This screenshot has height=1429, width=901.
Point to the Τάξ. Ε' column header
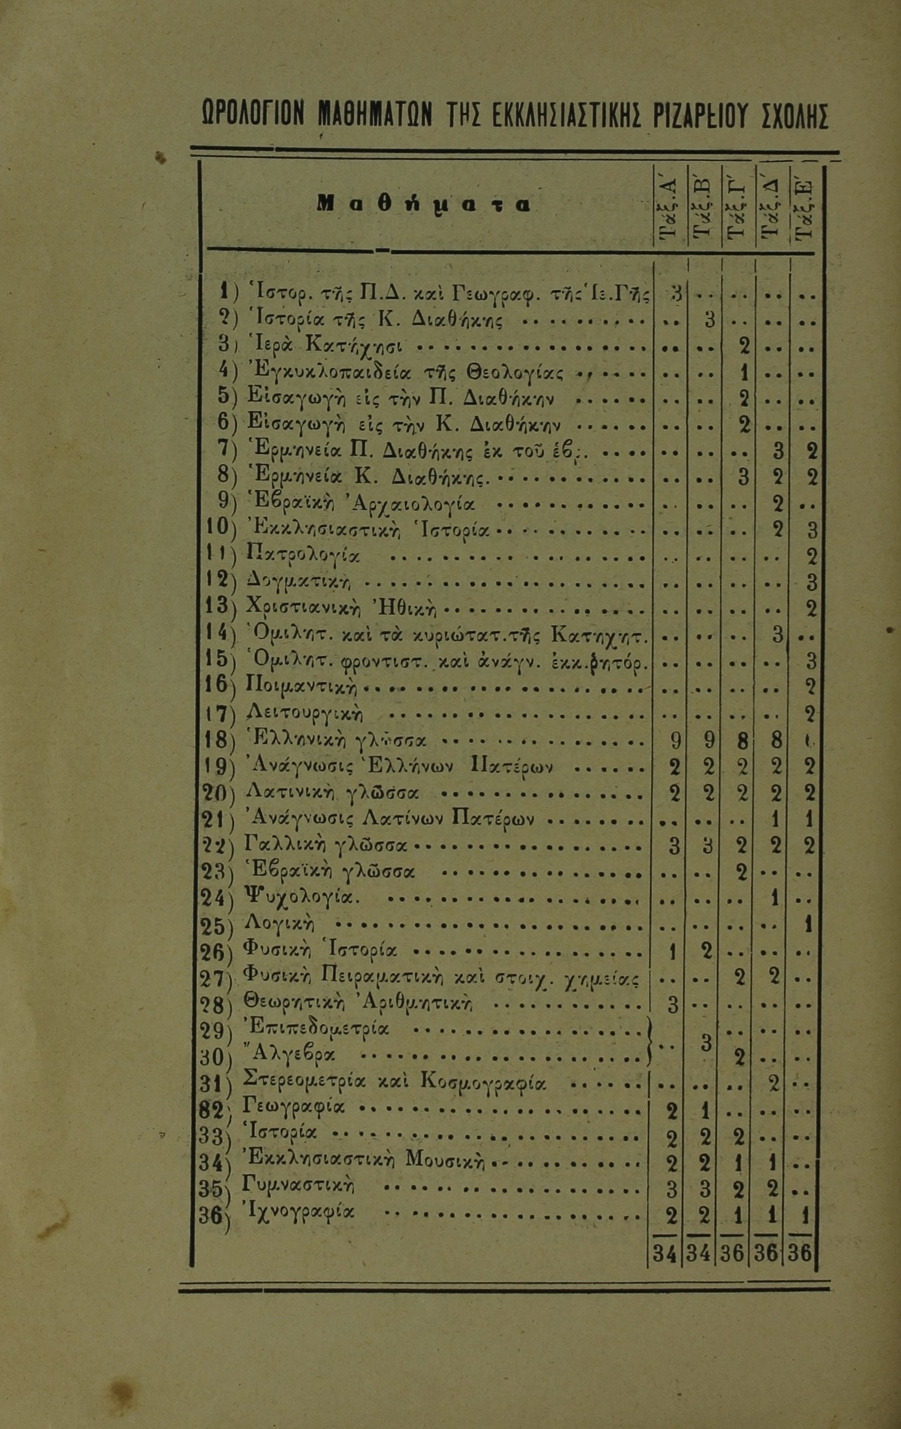[804, 208]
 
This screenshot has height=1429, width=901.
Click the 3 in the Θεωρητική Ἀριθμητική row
[672, 1005]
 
